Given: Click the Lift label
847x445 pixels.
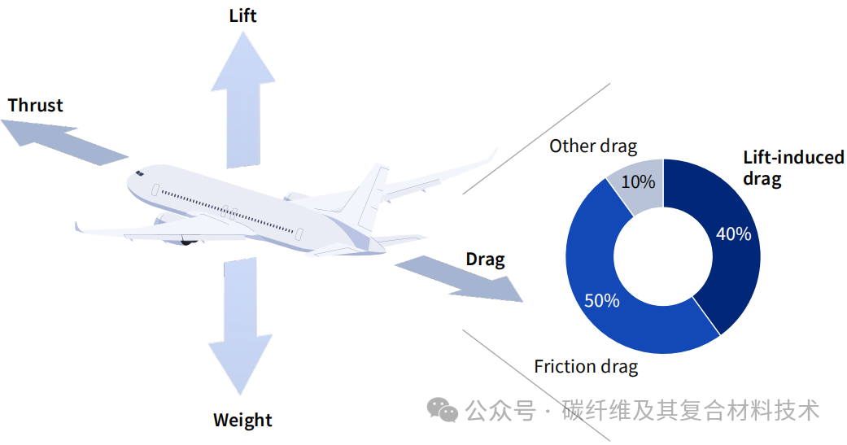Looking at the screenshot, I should click(x=242, y=15).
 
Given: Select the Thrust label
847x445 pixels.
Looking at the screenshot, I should click(x=35, y=105).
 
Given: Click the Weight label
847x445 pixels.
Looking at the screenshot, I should click(x=242, y=420).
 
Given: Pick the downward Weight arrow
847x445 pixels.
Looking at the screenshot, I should click(x=240, y=325).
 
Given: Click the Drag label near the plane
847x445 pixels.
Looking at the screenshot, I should click(x=485, y=260).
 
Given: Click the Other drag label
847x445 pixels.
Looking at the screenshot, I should click(x=593, y=146).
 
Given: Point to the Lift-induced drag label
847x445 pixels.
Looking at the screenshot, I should click(x=792, y=168).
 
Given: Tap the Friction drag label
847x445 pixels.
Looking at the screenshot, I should click(x=586, y=366).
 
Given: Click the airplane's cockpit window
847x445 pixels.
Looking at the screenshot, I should click(x=140, y=173).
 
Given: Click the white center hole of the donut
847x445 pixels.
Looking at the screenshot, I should click(x=663, y=257).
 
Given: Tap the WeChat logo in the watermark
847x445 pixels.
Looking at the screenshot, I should click(x=443, y=410).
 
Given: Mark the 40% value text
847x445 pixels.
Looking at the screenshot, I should click(x=733, y=234).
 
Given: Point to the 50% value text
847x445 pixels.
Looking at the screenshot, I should click(x=601, y=301).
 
